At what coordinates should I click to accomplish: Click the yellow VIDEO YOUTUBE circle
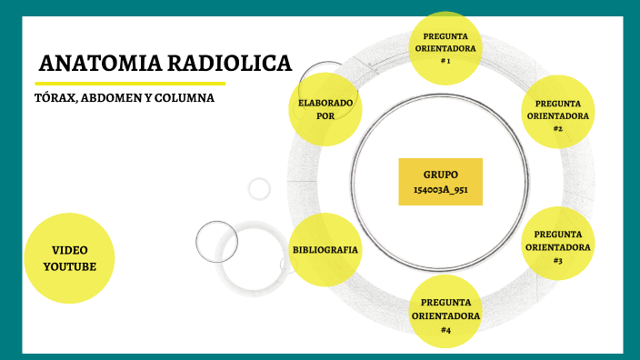69,257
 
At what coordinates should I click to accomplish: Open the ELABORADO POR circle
325,109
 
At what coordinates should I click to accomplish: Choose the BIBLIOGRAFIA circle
325,250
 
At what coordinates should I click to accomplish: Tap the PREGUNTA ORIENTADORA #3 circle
557,246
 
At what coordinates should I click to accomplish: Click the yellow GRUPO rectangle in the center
440,181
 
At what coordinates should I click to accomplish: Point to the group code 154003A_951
440,190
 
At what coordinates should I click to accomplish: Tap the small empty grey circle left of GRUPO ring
259,188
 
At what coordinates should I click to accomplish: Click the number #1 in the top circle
445,60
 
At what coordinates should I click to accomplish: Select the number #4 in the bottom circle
445,329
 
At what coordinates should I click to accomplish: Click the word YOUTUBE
69,265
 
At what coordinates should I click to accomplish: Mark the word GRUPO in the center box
440,174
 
